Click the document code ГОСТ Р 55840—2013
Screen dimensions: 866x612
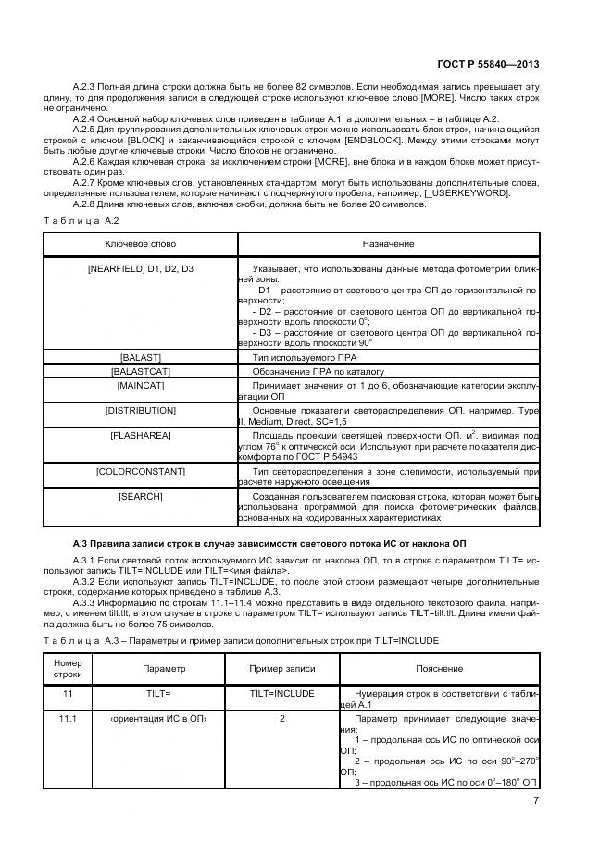click(x=488, y=65)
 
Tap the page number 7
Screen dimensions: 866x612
click(x=536, y=801)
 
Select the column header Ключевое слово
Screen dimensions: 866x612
click(x=141, y=243)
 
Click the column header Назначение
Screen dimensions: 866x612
click(x=388, y=243)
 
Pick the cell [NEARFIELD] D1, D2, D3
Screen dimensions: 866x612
click(x=141, y=268)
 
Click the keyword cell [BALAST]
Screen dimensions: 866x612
click(x=141, y=356)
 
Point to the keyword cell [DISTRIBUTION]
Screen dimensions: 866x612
click(x=141, y=410)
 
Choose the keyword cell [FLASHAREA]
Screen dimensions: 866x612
click(x=141, y=434)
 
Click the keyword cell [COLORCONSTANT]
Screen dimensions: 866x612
click(x=141, y=472)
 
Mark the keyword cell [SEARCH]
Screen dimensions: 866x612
click(x=141, y=497)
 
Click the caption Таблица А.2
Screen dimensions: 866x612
click(x=81, y=220)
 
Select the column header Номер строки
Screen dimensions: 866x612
click(x=68, y=668)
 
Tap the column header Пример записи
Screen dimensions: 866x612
click(x=282, y=668)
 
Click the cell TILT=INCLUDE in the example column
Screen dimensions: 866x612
click(x=282, y=693)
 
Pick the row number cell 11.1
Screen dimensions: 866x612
click(x=68, y=718)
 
